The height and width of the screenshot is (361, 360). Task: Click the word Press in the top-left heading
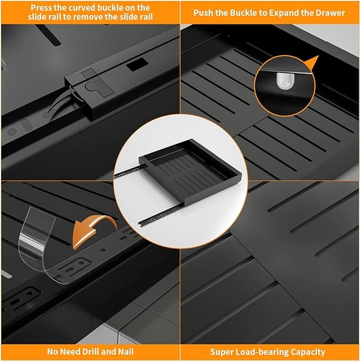[x=41, y=8]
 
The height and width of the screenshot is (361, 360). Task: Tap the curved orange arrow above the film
[x=94, y=231]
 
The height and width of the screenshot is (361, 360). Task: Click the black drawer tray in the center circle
[x=190, y=171]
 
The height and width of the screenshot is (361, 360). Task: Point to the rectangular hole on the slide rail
[x=137, y=64]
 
